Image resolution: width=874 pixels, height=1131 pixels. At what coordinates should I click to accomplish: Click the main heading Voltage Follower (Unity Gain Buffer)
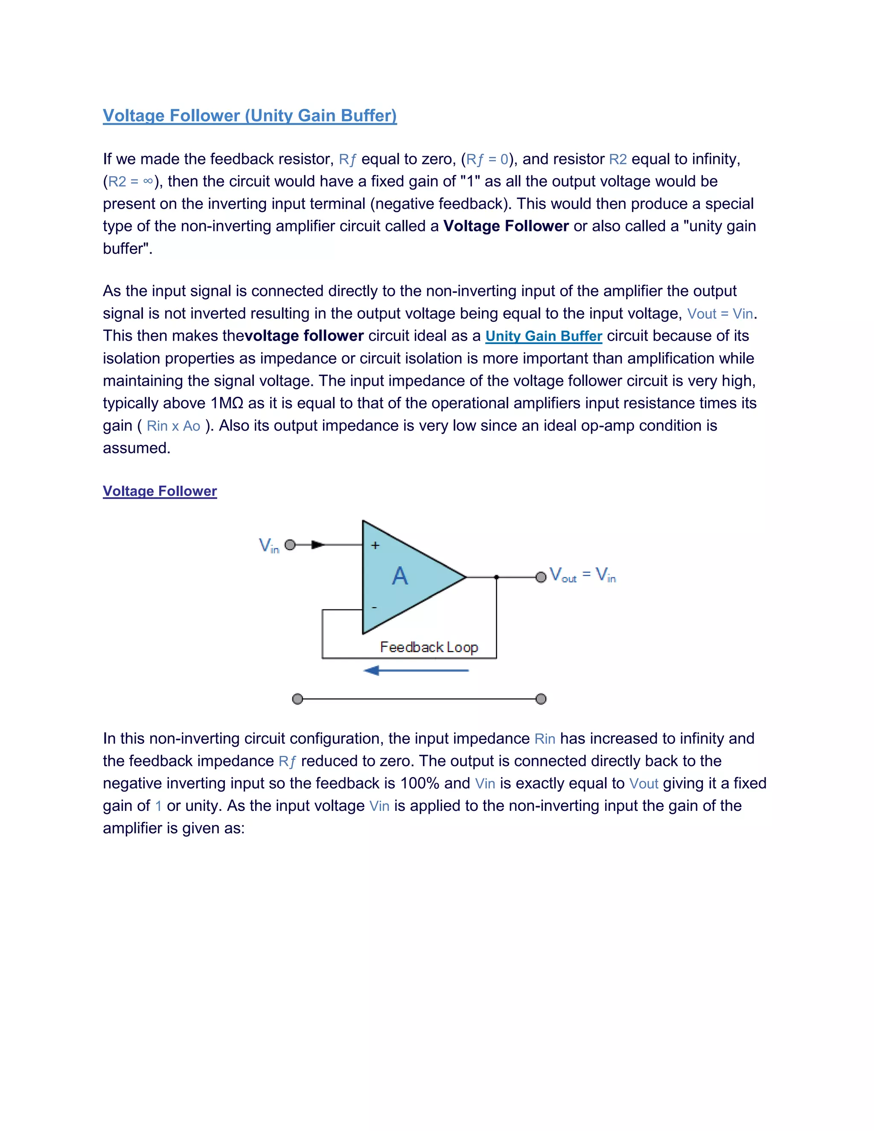click(250, 116)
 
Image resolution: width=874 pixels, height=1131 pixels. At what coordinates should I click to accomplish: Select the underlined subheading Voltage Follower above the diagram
click(160, 491)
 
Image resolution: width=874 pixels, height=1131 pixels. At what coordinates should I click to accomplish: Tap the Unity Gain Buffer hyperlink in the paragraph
click(544, 336)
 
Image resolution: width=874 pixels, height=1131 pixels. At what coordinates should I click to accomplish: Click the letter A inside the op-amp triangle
click(400, 576)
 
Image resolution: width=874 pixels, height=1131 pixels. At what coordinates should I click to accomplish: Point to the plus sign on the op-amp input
click(376, 545)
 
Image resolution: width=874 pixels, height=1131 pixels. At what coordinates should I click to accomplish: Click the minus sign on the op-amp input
click(374, 607)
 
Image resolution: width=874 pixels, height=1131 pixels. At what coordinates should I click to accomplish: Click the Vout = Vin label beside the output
click(583, 575)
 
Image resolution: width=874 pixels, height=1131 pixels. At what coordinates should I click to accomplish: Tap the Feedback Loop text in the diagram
click(429, 647)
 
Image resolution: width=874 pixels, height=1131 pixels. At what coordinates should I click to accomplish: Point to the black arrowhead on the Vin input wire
click(318, 545)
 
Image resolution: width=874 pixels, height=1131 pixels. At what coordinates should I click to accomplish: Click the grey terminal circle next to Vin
click(291, 545)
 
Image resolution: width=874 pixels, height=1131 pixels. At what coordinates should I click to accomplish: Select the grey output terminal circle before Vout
click(541, 577)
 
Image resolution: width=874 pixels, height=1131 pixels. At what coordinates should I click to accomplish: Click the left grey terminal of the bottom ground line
click(297, 699)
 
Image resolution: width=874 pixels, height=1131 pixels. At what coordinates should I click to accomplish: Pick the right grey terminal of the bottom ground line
click(541, 699)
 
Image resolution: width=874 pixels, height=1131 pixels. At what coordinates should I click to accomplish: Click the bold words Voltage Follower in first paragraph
click(506, 226)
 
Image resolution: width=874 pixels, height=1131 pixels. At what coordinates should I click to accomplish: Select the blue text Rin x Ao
click(173, 426)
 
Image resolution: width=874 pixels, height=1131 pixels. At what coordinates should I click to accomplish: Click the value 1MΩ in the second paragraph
click(227, 403)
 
